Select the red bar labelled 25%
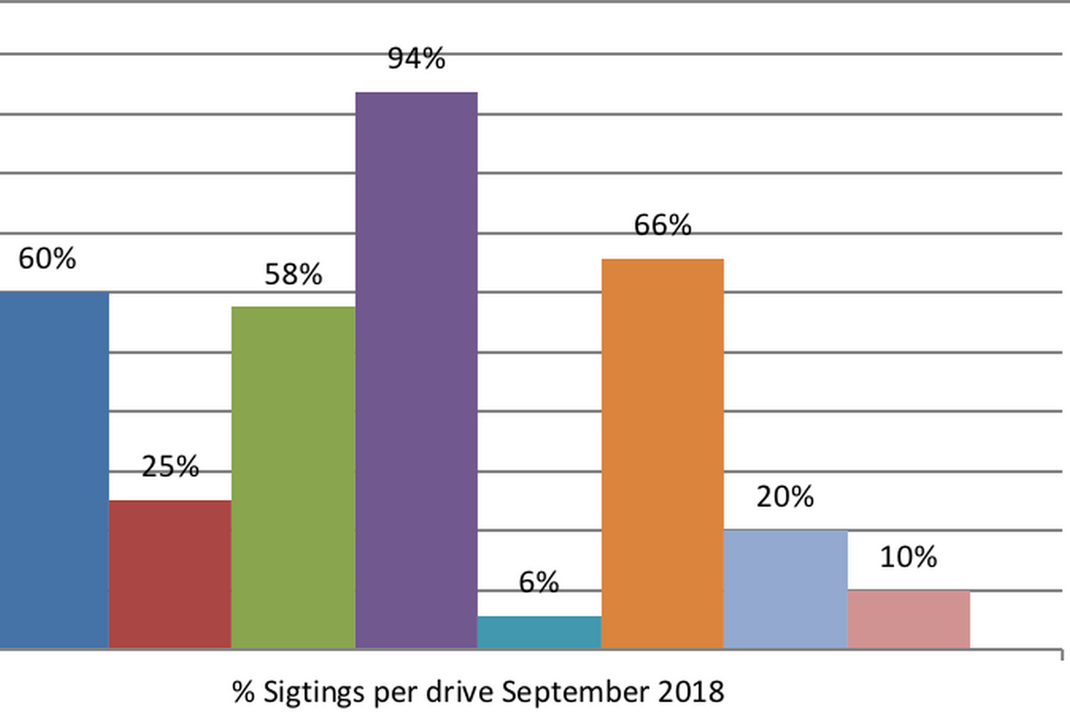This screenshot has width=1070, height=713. click(x=170, y=573)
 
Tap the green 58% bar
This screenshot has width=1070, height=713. click(x=293, y=476)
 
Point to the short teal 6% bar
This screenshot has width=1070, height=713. click(x=539, y=632)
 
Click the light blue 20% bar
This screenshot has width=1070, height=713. click(x=785, y=588)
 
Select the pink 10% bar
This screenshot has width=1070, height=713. click(x=909, y=619)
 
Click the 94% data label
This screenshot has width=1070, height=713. click(x=416, y=59)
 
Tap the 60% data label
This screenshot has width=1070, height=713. click(x=47, y=258)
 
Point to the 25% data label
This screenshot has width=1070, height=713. click(x=170, y=466)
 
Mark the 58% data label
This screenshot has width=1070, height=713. click(x=293, y=274)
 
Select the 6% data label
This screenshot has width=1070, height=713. click(x=538, y=583)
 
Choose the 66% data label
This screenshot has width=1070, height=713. click(x=662, y=226)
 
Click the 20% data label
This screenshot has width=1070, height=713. click(x=785, y=497)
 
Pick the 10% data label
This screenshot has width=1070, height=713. click(x=908, y=558)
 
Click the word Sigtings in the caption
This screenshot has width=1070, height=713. click(x=313, y=693)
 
